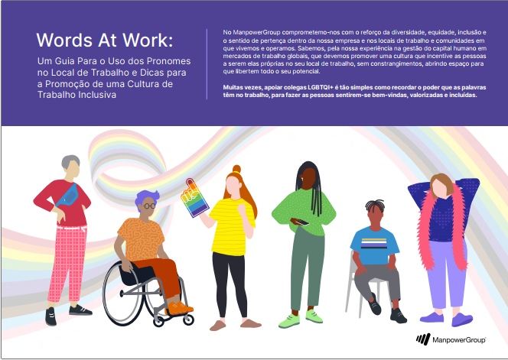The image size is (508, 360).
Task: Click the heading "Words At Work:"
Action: point(104,41)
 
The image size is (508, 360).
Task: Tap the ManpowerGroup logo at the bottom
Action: point(451,339)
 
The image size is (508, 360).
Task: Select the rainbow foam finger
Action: point(194,197)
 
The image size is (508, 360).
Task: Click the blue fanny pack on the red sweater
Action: point(68,195)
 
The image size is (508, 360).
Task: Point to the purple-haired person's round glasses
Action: point(149,206)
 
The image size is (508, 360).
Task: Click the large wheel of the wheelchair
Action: point(127,293)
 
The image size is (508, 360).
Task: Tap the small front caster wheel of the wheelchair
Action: point(188,319)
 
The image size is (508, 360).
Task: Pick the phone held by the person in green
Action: point(299,222)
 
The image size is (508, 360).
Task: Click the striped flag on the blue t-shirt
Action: point(374,243)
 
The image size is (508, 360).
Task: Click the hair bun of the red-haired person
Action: point(237,169)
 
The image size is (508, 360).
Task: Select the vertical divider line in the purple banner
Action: point(207,63)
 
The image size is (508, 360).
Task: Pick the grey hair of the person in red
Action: point(70,161)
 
